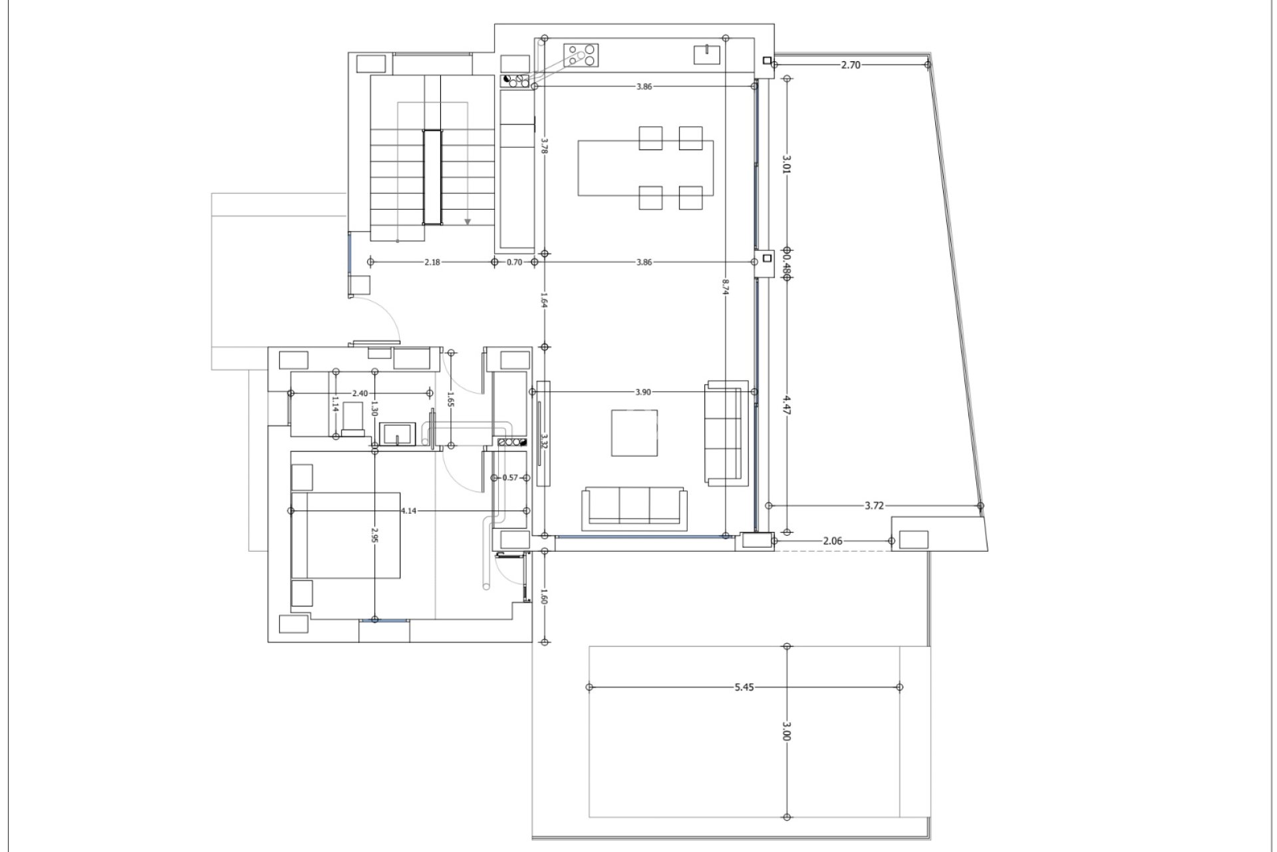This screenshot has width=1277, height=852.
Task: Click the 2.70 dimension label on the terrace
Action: point(851,65)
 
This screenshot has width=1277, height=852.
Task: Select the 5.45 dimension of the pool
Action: point(744,687)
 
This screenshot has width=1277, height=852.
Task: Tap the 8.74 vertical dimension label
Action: point(726,286)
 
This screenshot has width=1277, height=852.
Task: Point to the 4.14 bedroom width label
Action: point(408,511)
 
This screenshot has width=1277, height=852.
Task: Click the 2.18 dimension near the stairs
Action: point(432,262)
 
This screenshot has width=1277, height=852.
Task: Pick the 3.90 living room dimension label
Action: point(642,392)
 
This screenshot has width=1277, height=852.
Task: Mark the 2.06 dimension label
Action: point(832,541)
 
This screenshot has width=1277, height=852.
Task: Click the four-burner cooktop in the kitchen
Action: point(581,55)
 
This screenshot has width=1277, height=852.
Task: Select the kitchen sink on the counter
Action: point(707,54)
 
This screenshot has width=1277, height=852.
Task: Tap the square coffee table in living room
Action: point(634,433)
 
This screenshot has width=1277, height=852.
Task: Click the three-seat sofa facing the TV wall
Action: point(635,507)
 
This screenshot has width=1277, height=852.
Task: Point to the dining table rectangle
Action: point(645,168)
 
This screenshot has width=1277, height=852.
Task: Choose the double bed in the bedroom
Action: point(346,535)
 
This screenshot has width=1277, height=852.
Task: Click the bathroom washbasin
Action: point(397,434)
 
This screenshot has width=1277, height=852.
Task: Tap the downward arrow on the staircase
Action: point(468,221)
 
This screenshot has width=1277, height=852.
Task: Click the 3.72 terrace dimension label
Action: point(874,506)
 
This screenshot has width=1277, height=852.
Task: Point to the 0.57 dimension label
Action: point(509,477)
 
